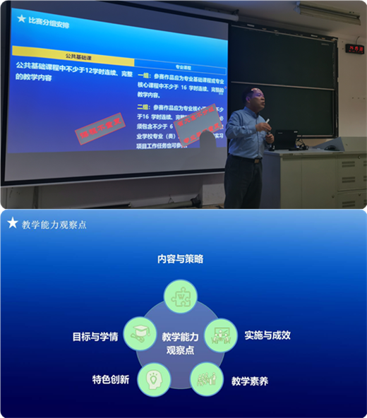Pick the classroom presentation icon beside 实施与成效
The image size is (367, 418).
(x=221, y=335)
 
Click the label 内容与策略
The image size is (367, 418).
(x=180, y=259)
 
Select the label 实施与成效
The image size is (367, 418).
(x=267, y=335)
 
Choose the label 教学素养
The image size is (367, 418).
(x=250, y=381)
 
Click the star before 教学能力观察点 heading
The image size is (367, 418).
(x=12, y=223)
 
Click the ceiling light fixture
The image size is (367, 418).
(x=332, y=9)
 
